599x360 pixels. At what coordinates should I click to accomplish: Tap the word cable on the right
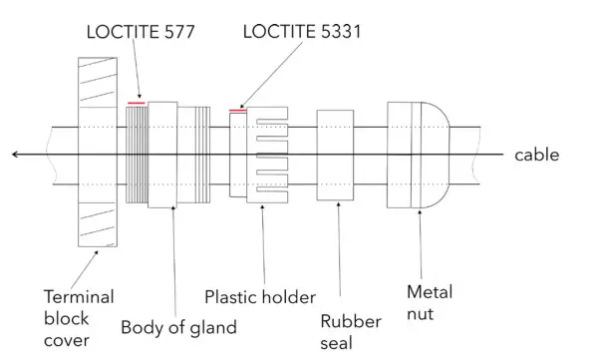[x=536, y=155]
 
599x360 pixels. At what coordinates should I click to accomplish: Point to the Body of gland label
[x=178, y=326]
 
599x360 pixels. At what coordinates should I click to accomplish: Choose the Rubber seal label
[x=344, y=330]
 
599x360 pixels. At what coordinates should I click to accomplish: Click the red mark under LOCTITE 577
[x=136, y=102]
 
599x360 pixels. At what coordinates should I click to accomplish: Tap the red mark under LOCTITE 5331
[x=237, y=111]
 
